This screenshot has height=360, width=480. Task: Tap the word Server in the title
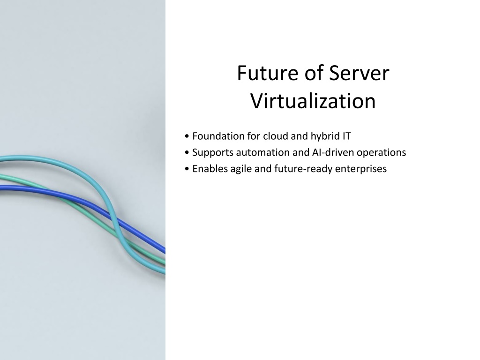click(x=359, y=73)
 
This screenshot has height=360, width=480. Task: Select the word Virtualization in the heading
click(x=313, y=101)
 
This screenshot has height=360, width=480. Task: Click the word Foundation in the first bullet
click(x=218, y=136)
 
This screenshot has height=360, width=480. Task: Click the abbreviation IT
click(x=346, y=136)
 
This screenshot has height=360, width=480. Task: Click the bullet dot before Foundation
click(x=187, y=136)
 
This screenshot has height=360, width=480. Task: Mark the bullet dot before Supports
click(x=187, y=152)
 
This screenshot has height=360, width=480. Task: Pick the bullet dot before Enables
click(x=187, y=169)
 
